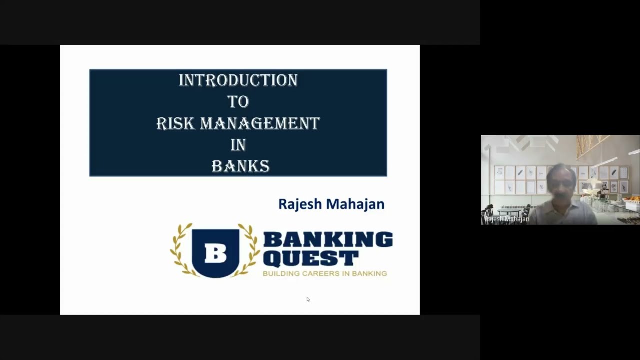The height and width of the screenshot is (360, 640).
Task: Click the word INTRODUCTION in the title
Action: [238, 80]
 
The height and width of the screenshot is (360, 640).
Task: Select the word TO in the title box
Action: [238, 102]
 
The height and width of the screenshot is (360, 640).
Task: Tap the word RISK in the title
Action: [175, 123]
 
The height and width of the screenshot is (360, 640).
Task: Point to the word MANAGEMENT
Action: [259, 123]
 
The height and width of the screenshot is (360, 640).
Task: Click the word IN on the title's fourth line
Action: [238, 145]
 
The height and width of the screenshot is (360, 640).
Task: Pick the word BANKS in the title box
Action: [240, 166]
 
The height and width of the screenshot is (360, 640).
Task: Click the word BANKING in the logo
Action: [327, 240]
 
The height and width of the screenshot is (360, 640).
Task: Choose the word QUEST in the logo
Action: [310, 258]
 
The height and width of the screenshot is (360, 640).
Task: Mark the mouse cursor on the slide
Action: [308, 299]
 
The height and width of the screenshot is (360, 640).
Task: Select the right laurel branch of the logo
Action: [251, 250]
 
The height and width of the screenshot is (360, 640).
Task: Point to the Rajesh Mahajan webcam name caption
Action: [507, 219]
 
